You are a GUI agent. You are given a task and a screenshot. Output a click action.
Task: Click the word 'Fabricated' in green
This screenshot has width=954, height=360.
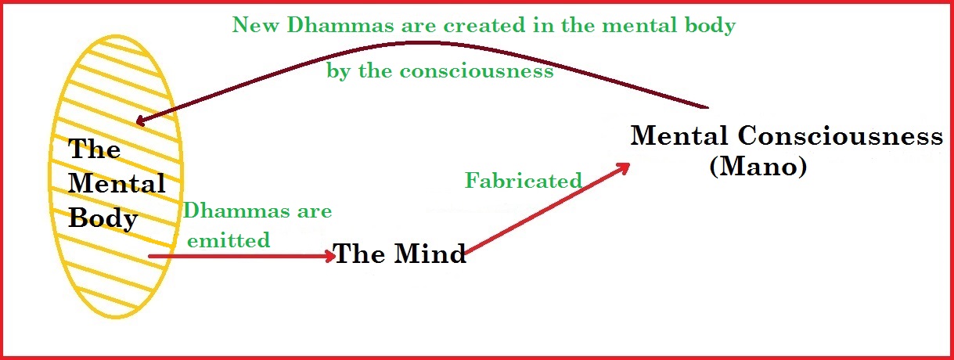[x=523, y=181]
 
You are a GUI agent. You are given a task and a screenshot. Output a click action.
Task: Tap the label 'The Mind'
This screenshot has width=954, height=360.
[x=400, y=254]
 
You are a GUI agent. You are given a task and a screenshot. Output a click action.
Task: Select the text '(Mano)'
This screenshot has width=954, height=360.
[x=758, y=167]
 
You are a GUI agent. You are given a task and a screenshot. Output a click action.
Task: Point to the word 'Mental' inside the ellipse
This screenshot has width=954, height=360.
[x=117, y=184]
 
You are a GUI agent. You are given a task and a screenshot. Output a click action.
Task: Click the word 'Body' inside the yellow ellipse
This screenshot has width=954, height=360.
[x=103, y=218]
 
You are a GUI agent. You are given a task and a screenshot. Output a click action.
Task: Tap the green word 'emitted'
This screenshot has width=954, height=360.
[x=228, y=241]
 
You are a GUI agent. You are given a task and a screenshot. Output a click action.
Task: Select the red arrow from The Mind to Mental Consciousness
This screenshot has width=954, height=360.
[x=548, y=209]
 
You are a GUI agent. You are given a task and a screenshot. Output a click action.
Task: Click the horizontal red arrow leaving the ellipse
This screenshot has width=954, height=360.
[x=235, y=255]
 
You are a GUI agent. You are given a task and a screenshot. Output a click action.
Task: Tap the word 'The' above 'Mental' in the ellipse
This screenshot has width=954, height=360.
[x=95, y=149]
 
